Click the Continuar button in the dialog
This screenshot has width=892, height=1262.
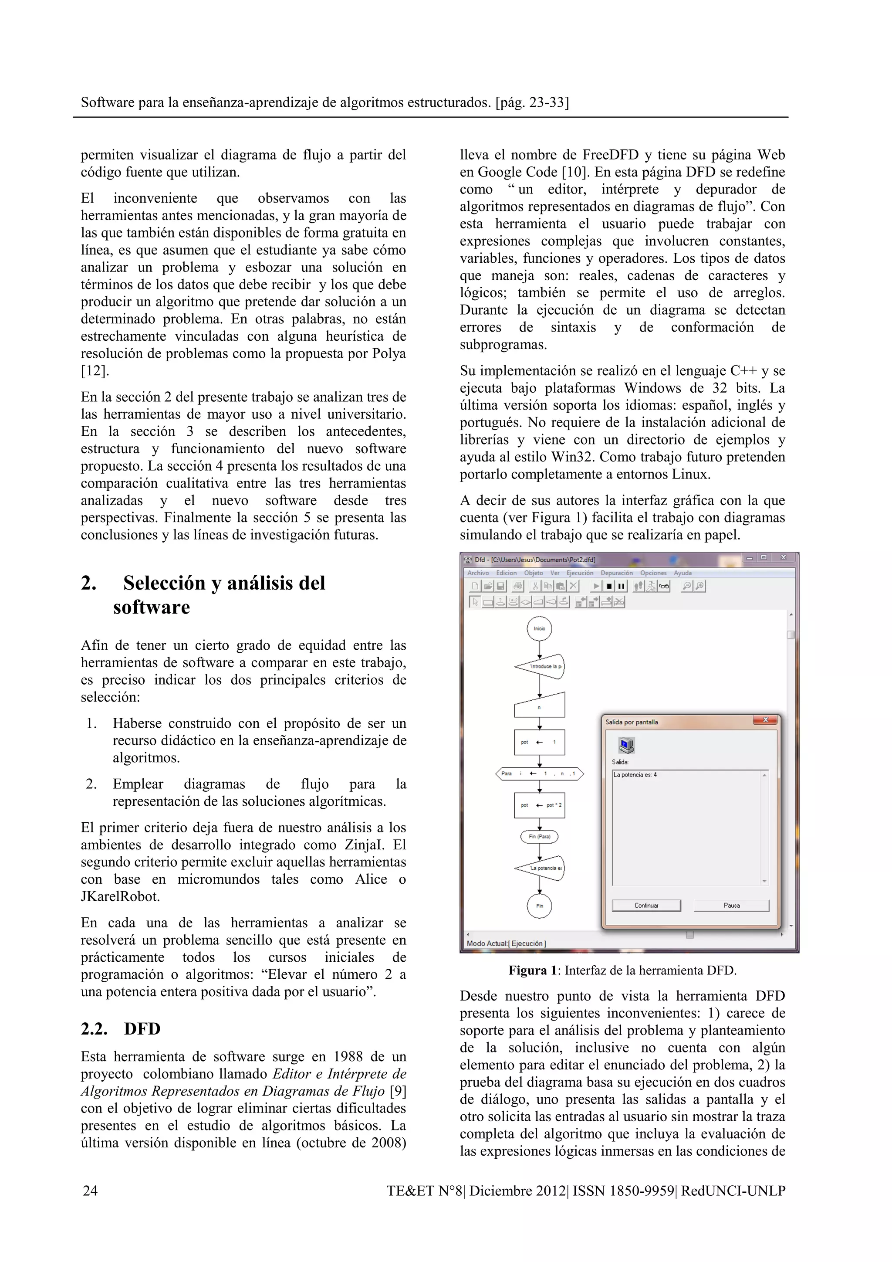pyautogui.click(x=646, y=905)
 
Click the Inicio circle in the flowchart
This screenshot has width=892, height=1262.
pyautogui.click(x=539, y=628)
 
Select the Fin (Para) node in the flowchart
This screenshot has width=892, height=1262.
pyautogui.click(x=539, y=837)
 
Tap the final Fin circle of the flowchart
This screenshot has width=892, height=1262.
pyautogui.click(x=539, y=906)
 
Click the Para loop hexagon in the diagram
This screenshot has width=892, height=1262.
pyautogui.click(x=539, y=773)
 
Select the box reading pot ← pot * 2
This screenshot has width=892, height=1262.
pyautogui.click(x=539, y=805)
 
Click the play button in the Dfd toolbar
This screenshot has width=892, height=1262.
pyautogui.click(x=597, y=587)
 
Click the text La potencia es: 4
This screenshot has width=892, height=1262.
pyautogui.click(x=635, y=775)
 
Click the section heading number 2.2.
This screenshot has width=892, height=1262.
pyautogui.click(x=94, y=1029)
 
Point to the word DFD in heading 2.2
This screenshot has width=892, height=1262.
pyautogui.click(x=142, y=1029)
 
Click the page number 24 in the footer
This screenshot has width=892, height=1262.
pyautogui.click(x=90, y=1191)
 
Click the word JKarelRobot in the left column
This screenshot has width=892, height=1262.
pyautogui.click(x=120, y=896)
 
